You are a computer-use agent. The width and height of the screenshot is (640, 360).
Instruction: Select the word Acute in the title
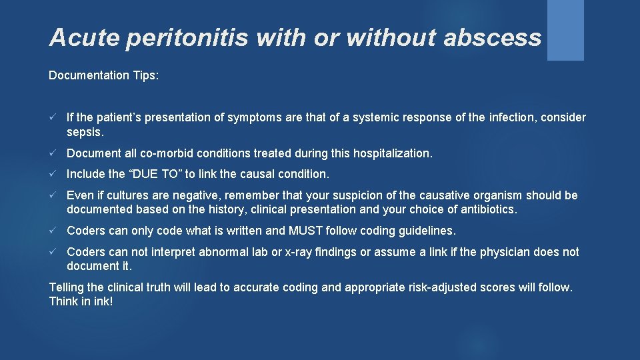tap(83, 38)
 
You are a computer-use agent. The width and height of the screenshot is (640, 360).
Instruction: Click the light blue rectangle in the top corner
tap(565, 30)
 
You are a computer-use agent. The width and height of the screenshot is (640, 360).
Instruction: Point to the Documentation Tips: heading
tap(104, 75)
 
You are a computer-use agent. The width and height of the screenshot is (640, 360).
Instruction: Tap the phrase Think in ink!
tap(81, 301)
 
